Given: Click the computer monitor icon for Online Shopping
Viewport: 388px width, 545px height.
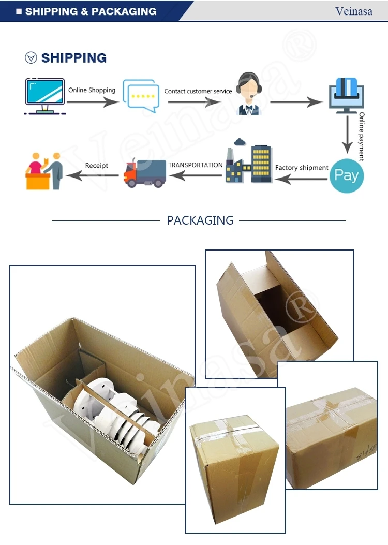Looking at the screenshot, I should pyautogui.click(x=45, y=96).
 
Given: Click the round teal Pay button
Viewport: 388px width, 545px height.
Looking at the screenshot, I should pyautogui.click(x=347, y=175).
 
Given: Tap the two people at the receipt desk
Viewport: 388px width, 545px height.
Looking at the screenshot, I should pyautogui.click(x=44, y=170).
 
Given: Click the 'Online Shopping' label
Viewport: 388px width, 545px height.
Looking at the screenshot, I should pyautogui.click(x=92, y=90).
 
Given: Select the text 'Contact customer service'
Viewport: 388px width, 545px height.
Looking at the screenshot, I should pyautogui.click(x=198, y=91).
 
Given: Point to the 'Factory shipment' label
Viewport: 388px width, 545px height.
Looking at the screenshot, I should pyautogui.click(x=302, y=168).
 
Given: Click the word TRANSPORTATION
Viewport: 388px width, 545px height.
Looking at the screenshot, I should pyautogui.click(x=196, y=165).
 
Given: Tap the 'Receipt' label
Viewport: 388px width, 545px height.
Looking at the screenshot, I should pyautogui.click(x=97, y=166).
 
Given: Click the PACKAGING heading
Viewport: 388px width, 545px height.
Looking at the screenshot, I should pyautogui.click(x=200, y=220).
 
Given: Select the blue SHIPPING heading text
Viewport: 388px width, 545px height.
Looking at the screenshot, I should pyautogui.click(x=74, y=58).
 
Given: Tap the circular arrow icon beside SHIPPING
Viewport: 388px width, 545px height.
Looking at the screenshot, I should pyautogui.click(x=31, y=58).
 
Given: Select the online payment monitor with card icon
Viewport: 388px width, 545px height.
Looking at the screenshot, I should pyautogui.click(x=347, y=95).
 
